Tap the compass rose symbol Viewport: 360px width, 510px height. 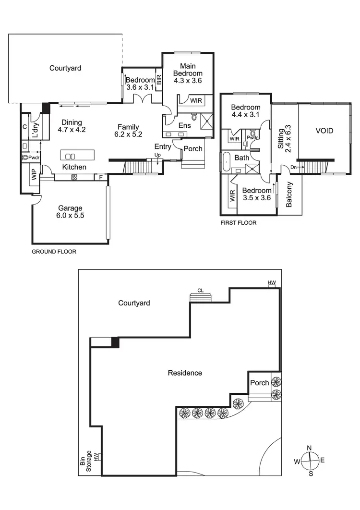(310, 461)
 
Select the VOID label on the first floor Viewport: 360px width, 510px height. (324, 131)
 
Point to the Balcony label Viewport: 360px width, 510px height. (289, 194)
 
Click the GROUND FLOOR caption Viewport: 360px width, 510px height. (54, 252)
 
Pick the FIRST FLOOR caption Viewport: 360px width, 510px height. (238, 223)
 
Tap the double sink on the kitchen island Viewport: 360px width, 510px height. (70, 156)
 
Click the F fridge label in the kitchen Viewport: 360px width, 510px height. (100, 177)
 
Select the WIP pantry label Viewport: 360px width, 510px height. (34, 174)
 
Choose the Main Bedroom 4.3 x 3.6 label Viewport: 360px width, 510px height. (188, 73)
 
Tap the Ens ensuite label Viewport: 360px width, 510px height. (184, 125)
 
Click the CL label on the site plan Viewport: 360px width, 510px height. (200, 291)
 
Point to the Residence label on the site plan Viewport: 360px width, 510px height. (185, 373)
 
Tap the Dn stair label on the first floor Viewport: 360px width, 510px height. (294, 167)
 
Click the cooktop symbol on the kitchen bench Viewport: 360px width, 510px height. (74, 177)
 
